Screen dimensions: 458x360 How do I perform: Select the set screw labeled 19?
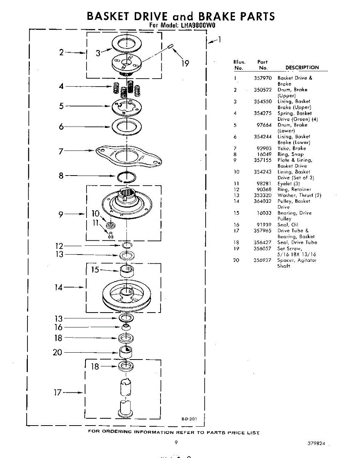click(x=171, y=47)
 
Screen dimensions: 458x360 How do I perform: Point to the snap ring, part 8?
click(x=127, y=176)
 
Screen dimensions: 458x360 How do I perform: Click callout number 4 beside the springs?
click(x=61, y=86)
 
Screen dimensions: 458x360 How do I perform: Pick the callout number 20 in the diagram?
click(x=57, y=352)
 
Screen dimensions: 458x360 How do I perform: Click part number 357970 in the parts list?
click(x=263, y=78)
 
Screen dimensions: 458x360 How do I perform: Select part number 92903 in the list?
click(x=264, y=148)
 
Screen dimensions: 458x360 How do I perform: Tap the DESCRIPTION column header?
click(x=302, y=68)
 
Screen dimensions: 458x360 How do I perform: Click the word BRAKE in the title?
click(x=213, y=16)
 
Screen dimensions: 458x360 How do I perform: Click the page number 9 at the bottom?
click(x=176, y=443)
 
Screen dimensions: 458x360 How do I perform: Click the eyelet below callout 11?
click(x=111, y=235)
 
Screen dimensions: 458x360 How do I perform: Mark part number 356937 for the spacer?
click(x=263, y=260)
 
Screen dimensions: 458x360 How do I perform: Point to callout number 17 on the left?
click(x=57, y=392)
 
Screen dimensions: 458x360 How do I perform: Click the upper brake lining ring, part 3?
click(x=126, y=44)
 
